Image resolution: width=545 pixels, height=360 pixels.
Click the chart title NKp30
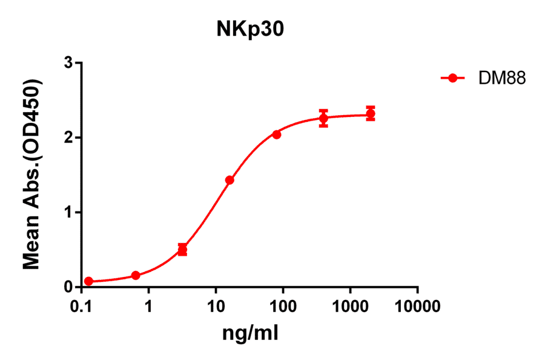[x=250, y=30]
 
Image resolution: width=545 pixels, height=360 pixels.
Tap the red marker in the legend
[x=452, y=78]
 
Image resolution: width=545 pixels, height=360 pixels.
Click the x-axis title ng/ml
[x=249, y=332]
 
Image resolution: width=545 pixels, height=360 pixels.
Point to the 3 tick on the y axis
[x=70, y=63]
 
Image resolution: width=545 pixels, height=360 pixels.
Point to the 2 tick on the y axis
[x=70, y=138]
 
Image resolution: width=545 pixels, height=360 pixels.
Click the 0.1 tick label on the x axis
[x=81, y=307]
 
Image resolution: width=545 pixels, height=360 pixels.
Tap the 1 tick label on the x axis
[x=148, y=307]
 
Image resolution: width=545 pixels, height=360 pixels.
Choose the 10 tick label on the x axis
[x=216, y=307]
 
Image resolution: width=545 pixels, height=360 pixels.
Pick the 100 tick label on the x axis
[x=283, y=307]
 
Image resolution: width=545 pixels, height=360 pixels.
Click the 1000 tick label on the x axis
[x=350, y=307]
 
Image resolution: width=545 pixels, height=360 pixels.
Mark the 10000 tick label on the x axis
[x=417, y=307]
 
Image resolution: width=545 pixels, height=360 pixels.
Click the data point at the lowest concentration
[x=88, y=281]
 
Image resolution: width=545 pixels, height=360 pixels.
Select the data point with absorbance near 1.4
[x=230, y=180]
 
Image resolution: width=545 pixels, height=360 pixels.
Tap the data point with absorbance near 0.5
[x=182, y=250]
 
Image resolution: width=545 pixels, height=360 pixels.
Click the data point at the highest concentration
[x=371, y=114]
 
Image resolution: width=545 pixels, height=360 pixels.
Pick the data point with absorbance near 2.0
[x=276, y=135]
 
